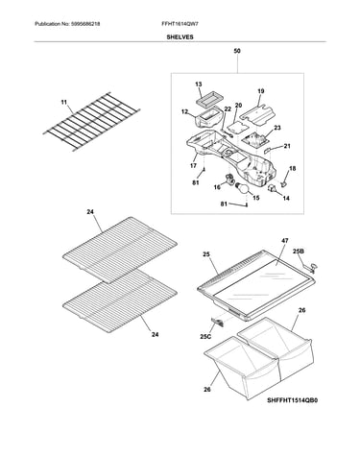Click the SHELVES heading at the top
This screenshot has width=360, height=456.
(x=180, y=37)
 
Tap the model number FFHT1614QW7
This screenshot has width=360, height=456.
(x=181, y=24)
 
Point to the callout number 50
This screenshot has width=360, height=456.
(x=237, y=51)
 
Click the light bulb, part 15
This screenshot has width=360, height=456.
(x=244, y=189)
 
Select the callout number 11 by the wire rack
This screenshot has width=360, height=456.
(x=64, y=103)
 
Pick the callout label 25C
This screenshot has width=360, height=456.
(x=205, y=337)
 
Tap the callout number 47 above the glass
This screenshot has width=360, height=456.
(x=285, y=241)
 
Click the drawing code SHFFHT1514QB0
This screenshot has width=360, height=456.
(x=293, y=400)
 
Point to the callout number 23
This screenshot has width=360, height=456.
(x=277, y=128)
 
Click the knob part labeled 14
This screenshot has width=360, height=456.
(x=273, y=189)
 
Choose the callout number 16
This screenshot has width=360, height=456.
(x=217, y=187)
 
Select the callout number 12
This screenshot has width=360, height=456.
(x=184, y=111)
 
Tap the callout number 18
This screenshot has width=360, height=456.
(x=293, y=169)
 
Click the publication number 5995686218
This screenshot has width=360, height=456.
(x=85, y=24)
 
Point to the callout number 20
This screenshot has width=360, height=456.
(x=238, y=106)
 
